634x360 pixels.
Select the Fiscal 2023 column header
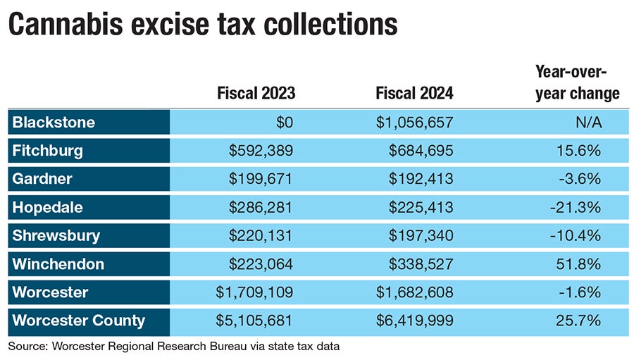[256, 93]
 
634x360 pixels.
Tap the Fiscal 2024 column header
[414, 93]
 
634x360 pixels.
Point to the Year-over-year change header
[577, 82]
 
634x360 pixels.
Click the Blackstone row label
[54, 123]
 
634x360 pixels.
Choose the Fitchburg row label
[48, 150]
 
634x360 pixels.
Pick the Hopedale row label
[48, 207]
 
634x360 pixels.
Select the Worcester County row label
[79, 321]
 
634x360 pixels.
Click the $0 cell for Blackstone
[283, 123]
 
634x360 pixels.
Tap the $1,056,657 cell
[414, 123]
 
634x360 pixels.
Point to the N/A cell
[588, 123]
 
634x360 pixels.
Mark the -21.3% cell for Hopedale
[581, 207]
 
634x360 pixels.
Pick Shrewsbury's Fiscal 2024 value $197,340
[421, 235]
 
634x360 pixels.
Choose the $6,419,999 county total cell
[414, 321]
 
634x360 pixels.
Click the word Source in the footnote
[25, 347]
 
